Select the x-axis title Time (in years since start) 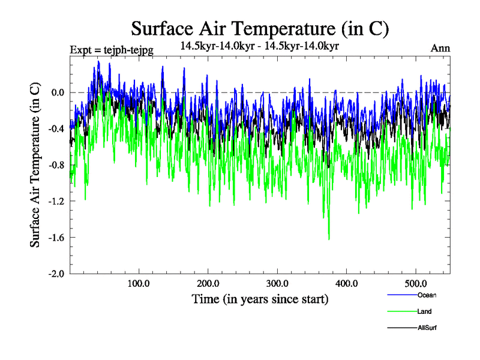pyautogui.click(x=260, y=298)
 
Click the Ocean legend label pyautogui.click(x=427, y=295)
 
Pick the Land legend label pyautogui.click(x=424, y=311)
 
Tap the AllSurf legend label pyautogui.click(x=427, y=328)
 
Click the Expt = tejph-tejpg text pyautogui.click(x=112, y=50)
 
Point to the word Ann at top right pyautogui.click(x=440, y=49)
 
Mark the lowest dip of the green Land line pyautogui.click(x=329, y=239)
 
